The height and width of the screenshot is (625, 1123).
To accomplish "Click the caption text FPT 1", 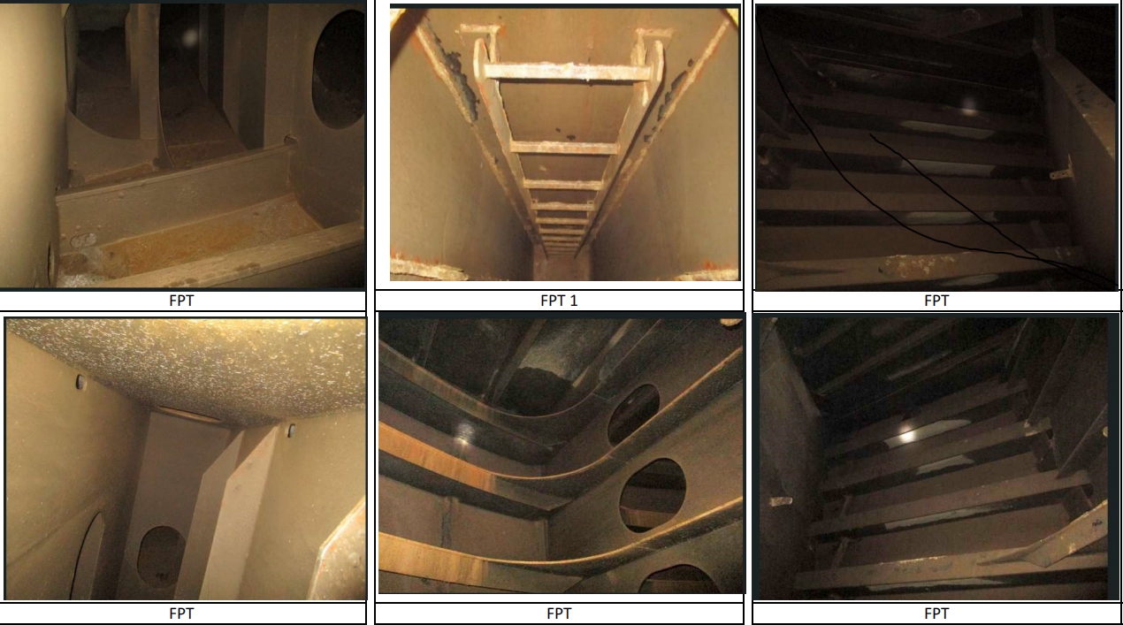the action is pyautogui.click(x=559, y=301).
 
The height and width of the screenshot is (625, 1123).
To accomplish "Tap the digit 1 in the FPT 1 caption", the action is pyautogui.click(x=574, y=301).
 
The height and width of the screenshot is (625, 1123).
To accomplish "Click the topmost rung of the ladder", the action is pyautogui.click(x=568, y=72).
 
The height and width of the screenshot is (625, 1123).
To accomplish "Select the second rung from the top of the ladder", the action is pyautogui.click(x=564, y=148).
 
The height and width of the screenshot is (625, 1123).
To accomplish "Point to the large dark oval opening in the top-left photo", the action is pyautogui.click(x=339, y=69).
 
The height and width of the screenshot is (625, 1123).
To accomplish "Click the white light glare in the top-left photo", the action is pyautogui.click(x=189, y=36).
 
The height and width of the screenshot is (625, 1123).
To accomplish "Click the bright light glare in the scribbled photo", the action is pyautogui.click(x=968, y=104).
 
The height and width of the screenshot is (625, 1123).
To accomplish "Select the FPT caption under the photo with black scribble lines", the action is pyautogui.click(x=936, y=301).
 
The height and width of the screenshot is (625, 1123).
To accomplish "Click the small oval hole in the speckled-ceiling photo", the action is pyautogui.click(x=160, y=557).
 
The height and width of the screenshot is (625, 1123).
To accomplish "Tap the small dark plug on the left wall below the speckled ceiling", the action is pyautogui.click(x=80, y=382).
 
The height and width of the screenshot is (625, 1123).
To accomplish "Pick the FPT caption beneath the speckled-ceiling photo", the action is pyautogui.click(x=181, y=614).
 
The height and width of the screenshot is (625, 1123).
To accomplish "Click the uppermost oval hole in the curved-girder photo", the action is pyautogui.click(x=633, y=414).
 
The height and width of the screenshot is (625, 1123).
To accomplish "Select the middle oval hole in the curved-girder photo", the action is pyautogui.click(x=653, y=495).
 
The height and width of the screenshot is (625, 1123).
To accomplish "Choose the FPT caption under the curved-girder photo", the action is pyautogui.click(x=559, y=614).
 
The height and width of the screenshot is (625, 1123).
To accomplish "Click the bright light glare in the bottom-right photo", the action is pyautogui.click(x=907, y=436).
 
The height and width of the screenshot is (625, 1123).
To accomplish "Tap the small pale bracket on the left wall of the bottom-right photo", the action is pyautogui.click(x=781, y=500).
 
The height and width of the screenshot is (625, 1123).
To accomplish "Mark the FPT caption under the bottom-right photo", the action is pyautogui.click(x=936, y=614).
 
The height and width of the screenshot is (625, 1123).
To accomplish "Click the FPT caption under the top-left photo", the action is pyautogui.click(x=181, y=301).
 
